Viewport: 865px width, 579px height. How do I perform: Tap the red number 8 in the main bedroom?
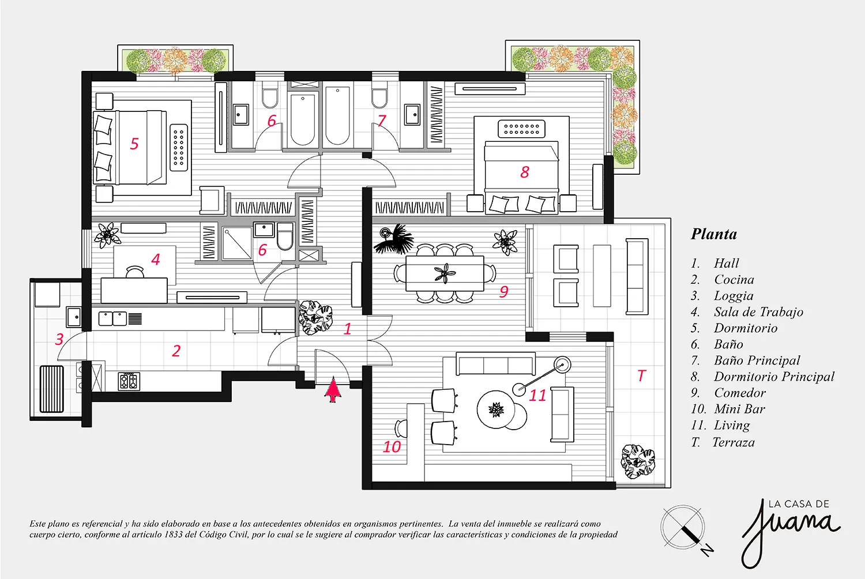tap(524, 172)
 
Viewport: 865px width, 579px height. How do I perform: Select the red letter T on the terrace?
tap(641, 375)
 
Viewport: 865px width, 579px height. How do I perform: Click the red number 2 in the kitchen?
tap(176, 351)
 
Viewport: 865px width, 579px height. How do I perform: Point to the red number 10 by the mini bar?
tap(392, 447)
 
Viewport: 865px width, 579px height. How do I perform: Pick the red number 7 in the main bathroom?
tap(382, 121)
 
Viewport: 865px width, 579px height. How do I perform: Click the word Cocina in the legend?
tap(734, 279)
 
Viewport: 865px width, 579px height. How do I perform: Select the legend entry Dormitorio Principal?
tap(774, 377)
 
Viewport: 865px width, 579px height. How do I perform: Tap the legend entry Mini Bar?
tap(739, 409)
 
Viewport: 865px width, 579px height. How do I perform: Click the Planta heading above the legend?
tap(714, 234)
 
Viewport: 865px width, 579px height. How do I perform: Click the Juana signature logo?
tap(790, 533)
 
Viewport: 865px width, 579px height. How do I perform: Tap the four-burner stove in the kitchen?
tap(129, 381)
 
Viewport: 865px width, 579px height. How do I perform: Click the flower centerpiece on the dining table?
tap(445, 273)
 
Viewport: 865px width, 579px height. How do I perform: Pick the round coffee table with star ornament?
tap(496, 409)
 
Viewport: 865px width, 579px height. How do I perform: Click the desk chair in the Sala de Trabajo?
tap(135, 272)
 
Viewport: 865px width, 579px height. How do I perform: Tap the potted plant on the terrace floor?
tap(638, 462)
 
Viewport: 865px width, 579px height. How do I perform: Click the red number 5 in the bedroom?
tap(134, 144)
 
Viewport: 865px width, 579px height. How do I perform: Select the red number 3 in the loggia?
tap(59, 340)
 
